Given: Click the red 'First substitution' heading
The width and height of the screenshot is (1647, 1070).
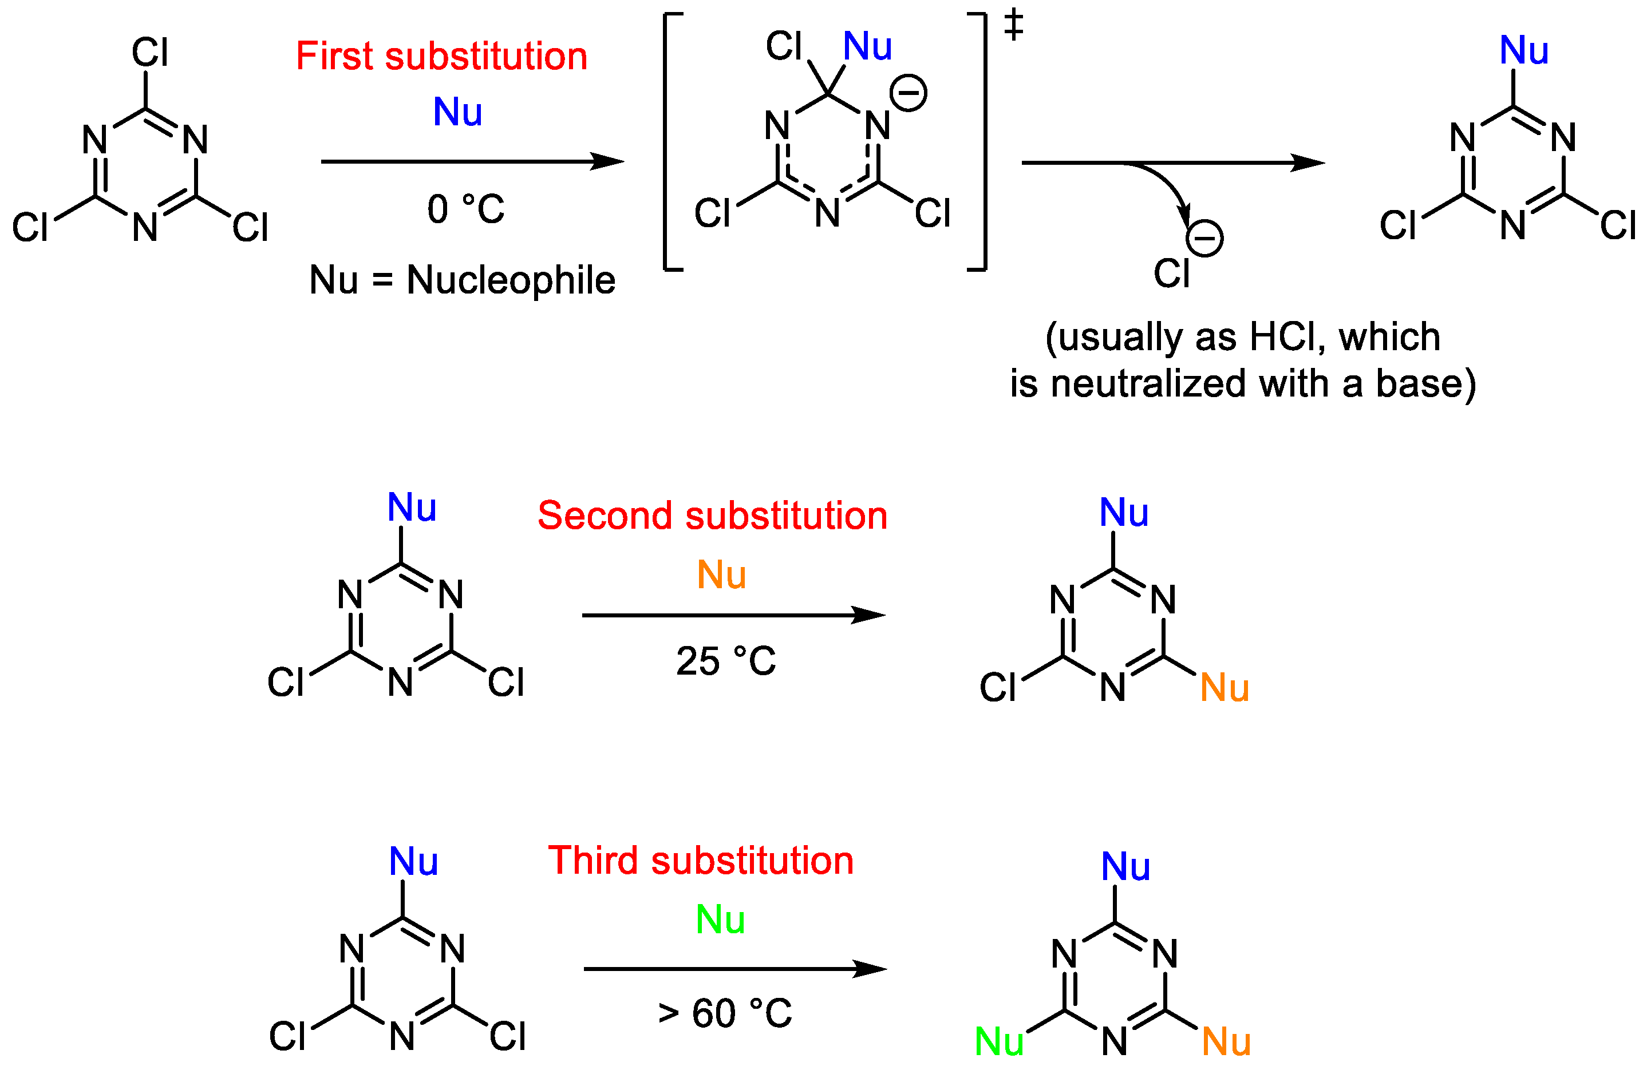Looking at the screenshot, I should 441,56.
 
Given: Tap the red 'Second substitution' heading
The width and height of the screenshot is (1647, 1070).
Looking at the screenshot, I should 712,516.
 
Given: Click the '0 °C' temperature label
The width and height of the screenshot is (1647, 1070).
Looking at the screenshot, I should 466,209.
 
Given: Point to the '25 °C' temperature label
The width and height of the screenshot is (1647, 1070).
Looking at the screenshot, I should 725,661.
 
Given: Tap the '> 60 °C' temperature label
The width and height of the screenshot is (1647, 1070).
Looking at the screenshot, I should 725,1014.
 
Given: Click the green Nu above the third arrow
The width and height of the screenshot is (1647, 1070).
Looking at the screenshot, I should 720,920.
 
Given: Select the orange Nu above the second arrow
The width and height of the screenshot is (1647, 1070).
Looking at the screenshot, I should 721,575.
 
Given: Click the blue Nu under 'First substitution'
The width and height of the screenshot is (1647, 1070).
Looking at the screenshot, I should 457,112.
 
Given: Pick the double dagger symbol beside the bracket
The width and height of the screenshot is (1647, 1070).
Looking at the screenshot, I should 1013,25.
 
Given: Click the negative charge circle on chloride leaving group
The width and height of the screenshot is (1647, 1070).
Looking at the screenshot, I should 1205,239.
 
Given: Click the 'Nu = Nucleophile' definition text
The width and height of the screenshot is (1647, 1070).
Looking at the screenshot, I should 461,280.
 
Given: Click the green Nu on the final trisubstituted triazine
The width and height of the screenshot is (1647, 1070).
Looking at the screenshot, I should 998,1041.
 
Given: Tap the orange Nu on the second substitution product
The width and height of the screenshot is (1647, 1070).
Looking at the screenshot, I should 1224,688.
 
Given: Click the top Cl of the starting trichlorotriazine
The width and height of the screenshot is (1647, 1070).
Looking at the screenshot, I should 149,53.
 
